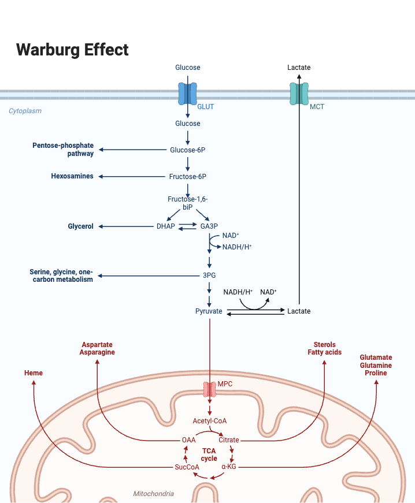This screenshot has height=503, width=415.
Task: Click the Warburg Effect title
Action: click(x=72, y=50)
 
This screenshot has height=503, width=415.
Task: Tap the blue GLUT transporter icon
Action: click(x=188, y=93)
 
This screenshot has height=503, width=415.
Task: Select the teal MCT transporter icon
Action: click(x=299, y=93)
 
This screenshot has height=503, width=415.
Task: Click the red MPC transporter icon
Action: click(x=209, y=389)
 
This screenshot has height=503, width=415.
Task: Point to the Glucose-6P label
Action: click(x=188, y=150)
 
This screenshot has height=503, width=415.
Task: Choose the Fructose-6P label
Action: click(x=188, y=177)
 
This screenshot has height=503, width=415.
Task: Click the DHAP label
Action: click(x=165, y=226)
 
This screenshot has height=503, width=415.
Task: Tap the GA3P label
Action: click(x=209, y=226)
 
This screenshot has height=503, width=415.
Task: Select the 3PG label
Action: click(x=209, y=275)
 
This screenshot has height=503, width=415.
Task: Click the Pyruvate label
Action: click(x=209, y=311)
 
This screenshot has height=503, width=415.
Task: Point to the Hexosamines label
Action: click(x=72, y=176)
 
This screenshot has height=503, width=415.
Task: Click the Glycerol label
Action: click(x=81, y=226)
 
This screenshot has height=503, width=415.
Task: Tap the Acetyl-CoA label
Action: click(x=209, y=420)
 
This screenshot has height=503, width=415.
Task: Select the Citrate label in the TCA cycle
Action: click(x=229, y=440)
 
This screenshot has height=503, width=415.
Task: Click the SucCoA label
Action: click(x=187, y=467)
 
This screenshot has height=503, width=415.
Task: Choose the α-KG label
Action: click(x=229, y=467)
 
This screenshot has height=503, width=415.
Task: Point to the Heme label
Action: click(x=34, y=373)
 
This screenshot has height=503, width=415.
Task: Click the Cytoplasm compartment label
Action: click(x=25, y=111)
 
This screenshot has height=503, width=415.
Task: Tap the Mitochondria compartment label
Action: click(x=153, y=494)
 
